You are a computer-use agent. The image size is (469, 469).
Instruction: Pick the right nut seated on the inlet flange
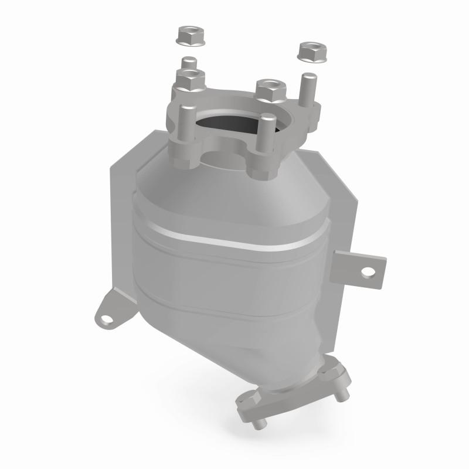click(x=270, y=89)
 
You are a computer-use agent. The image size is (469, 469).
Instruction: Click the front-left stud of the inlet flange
click(x=185, y=126)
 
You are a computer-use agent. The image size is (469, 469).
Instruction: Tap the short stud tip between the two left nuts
click(x=188, y=62)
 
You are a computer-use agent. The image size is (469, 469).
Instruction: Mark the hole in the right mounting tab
click(x=368, y=272)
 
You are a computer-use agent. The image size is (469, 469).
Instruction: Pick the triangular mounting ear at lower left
click(x=111, y=311)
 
